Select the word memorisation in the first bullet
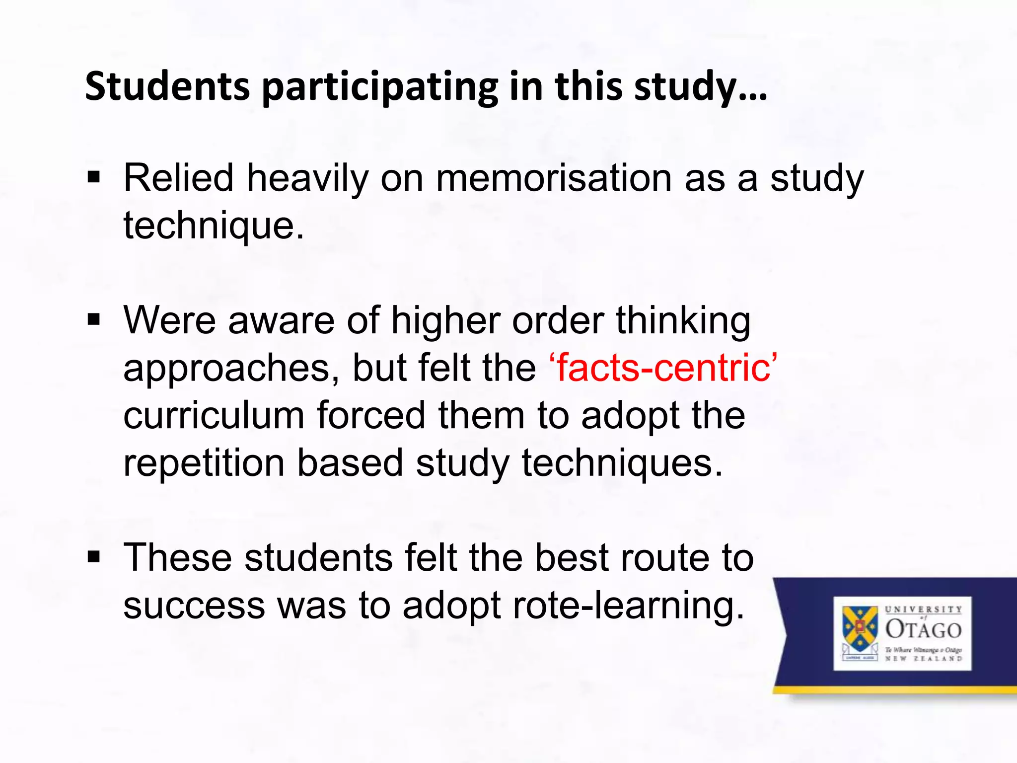pyautogui.click(x=554, y=178)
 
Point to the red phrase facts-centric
pyautogui.click(x=663, y=368)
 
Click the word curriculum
pyautogui.click(x=214, y=416)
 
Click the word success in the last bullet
pyautogui.click(x=194, y=606)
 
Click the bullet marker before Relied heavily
pyautogui.click(x=93, y=177)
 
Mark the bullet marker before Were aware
pyautogui.click(x=93, y=320)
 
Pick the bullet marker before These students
pyautogui.click(x=93, y=557)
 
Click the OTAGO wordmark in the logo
pyautogui.click(x=923, y=629)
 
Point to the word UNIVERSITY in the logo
pyautogui.click(x=923, y=609)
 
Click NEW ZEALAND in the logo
pyautogui.click(x=923, y=659)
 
